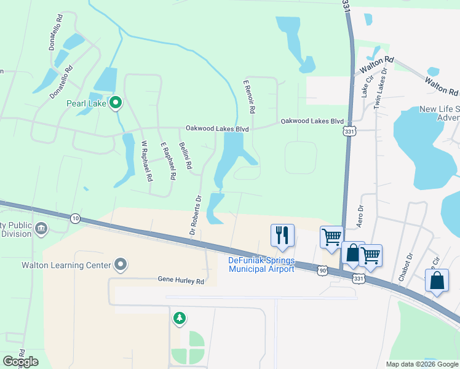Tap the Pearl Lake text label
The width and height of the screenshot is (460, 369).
[x=87, y=103]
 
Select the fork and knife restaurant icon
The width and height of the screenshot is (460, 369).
[x=282, y=235]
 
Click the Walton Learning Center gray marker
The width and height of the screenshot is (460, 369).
[x=121, y=266]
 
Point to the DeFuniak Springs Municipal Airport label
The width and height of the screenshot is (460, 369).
[x=261, y=264]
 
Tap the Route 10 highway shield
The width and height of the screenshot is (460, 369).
[x=75, y=218]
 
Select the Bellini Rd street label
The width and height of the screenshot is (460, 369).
[x=186, y=156]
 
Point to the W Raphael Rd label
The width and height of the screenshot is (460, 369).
[x=146, y=162]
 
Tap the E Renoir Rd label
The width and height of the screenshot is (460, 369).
[x=249, y=97]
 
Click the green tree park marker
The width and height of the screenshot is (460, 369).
[x=179, y=319]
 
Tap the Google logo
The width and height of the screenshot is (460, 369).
[x=20, y=362]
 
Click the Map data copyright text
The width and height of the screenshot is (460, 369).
[x=422, y=364]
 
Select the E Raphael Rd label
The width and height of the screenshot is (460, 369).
[x=168, y=161]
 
